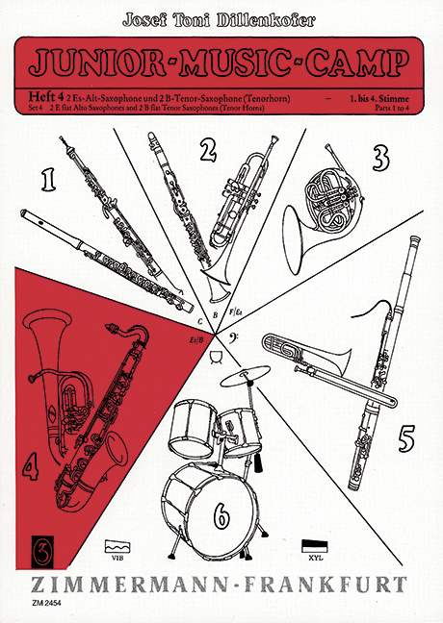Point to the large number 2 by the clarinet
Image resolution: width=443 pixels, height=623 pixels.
point(205,149)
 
